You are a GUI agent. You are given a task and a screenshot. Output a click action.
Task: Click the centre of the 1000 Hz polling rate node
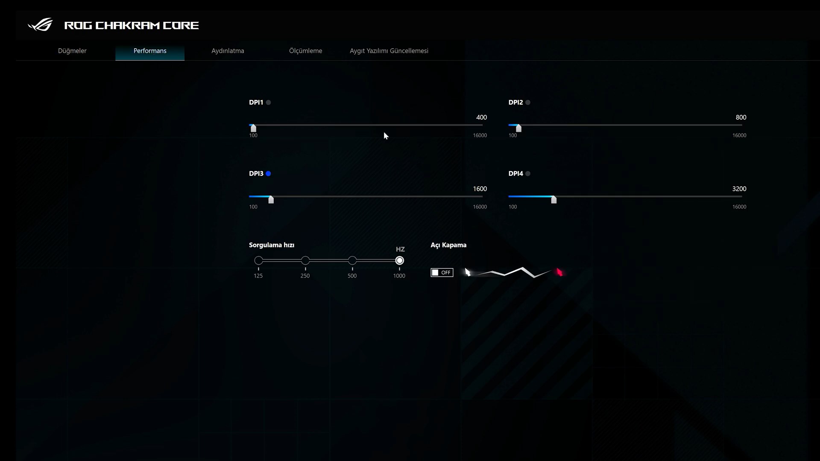pyautogui.click(x=399, y=260)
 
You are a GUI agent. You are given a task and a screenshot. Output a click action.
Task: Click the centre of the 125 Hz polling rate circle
pyautogui.click(x=258, y=260)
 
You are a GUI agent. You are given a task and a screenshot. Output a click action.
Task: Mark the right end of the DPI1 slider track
pyautogui.click(x=483, y=125)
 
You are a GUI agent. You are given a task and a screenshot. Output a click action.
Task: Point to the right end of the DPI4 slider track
pyautogui.click(x=742, y=196)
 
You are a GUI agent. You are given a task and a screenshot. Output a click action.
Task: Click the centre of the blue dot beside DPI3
pyautogui.click(x=268, y=174)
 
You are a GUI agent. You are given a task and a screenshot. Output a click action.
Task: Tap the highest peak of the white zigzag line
pyautogui.click(x=522, y=268)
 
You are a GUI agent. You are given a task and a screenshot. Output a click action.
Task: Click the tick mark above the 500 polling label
pyautogui.click(x=352, y=269)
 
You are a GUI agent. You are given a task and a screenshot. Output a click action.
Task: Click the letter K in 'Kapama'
pyautogui.click(x=445, y=245)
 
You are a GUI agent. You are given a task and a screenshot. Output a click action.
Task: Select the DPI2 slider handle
pyautogui.click(x=518, y=128)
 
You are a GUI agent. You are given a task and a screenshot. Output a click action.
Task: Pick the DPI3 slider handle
pyautogui.click(x=271, y=199)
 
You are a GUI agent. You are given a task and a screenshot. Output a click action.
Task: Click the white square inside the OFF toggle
pyautogui.click(x=435, y=273)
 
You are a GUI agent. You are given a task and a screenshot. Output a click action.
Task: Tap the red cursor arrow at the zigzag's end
pyautogui.click(x=559, y=272)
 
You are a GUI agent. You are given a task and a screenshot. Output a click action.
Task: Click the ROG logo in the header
pyautogui.click(x=41, y=25)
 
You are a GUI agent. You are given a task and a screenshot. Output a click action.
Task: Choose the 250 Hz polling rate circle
pyautogui.click(x=305, y=260)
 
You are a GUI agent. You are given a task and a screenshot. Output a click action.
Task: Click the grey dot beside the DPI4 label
pyautogui.click(x=528, y=174)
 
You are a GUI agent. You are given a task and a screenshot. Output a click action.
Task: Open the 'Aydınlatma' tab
pyautogui.click(x=228, y=51)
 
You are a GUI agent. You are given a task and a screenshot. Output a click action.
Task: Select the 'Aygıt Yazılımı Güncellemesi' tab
pyautogui.click(x=389, y=51)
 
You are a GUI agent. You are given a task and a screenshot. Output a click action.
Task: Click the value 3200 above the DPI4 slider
pyautogui.click(x=739, y=189)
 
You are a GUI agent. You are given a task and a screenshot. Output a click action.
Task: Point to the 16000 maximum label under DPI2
pyautogui.click(x=739, y=135)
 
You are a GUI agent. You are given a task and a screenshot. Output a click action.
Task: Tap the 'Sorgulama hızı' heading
pyautogui.click(x=272, y=245)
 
